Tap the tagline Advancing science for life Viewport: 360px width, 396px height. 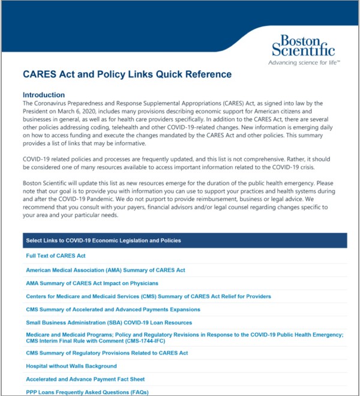pos(304,62)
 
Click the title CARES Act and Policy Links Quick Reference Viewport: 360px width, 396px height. pos(127,75)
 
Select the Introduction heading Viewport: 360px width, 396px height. pos(44,95)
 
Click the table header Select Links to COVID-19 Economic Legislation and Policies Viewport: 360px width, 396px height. pos(103,241)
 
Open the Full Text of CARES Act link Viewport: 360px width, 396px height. pos(56,256)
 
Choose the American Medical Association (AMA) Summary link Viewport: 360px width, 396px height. pos(106,270)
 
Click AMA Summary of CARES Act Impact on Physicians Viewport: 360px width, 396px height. pos(92,283)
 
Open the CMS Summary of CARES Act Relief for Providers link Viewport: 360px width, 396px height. pos(148,296)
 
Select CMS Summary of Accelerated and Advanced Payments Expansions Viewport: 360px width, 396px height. pos(113,310)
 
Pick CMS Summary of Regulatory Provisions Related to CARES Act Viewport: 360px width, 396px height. pos(107,353)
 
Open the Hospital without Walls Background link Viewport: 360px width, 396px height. pos(71,366)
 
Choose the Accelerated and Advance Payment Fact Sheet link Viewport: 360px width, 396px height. pos(85,379)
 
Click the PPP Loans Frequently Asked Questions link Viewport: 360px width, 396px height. pos(87,392)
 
